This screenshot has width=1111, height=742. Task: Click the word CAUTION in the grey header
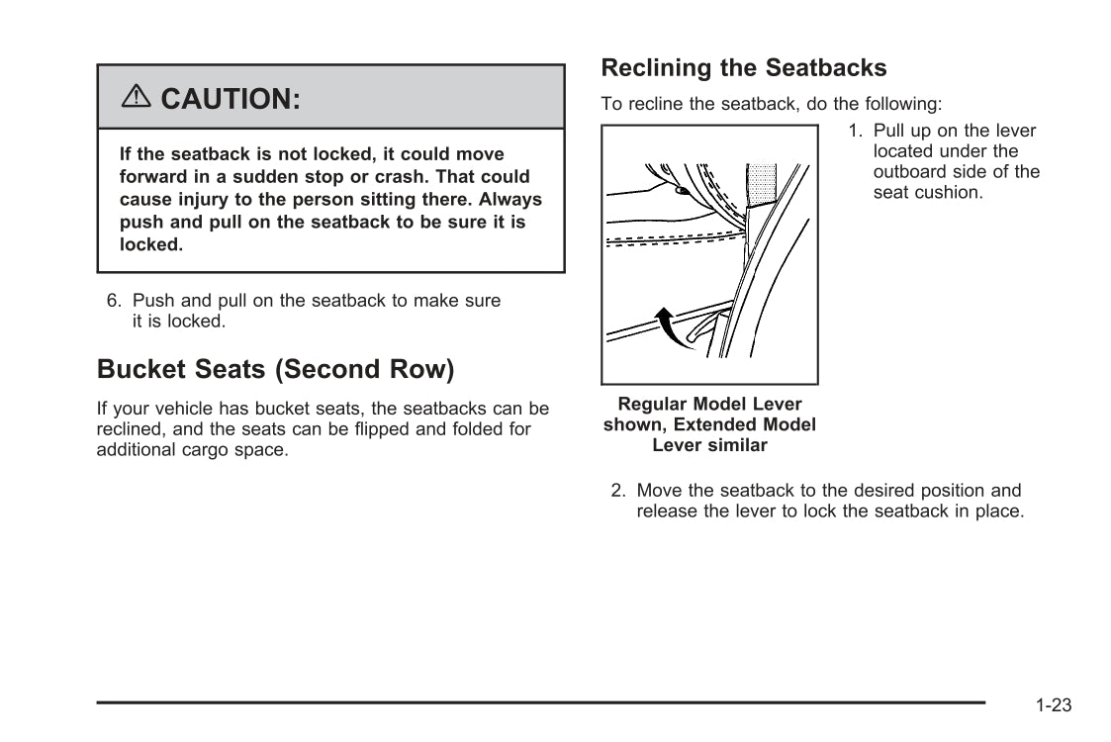tap(230, 99)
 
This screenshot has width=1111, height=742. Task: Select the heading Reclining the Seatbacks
tap(743, 68)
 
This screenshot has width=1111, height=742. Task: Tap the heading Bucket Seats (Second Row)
tap(275, 370)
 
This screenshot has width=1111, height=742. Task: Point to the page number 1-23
tap(1054, 705)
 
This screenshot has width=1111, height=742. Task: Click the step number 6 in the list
tap(113, 301)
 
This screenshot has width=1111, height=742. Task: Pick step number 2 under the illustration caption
tap(616, 491)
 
